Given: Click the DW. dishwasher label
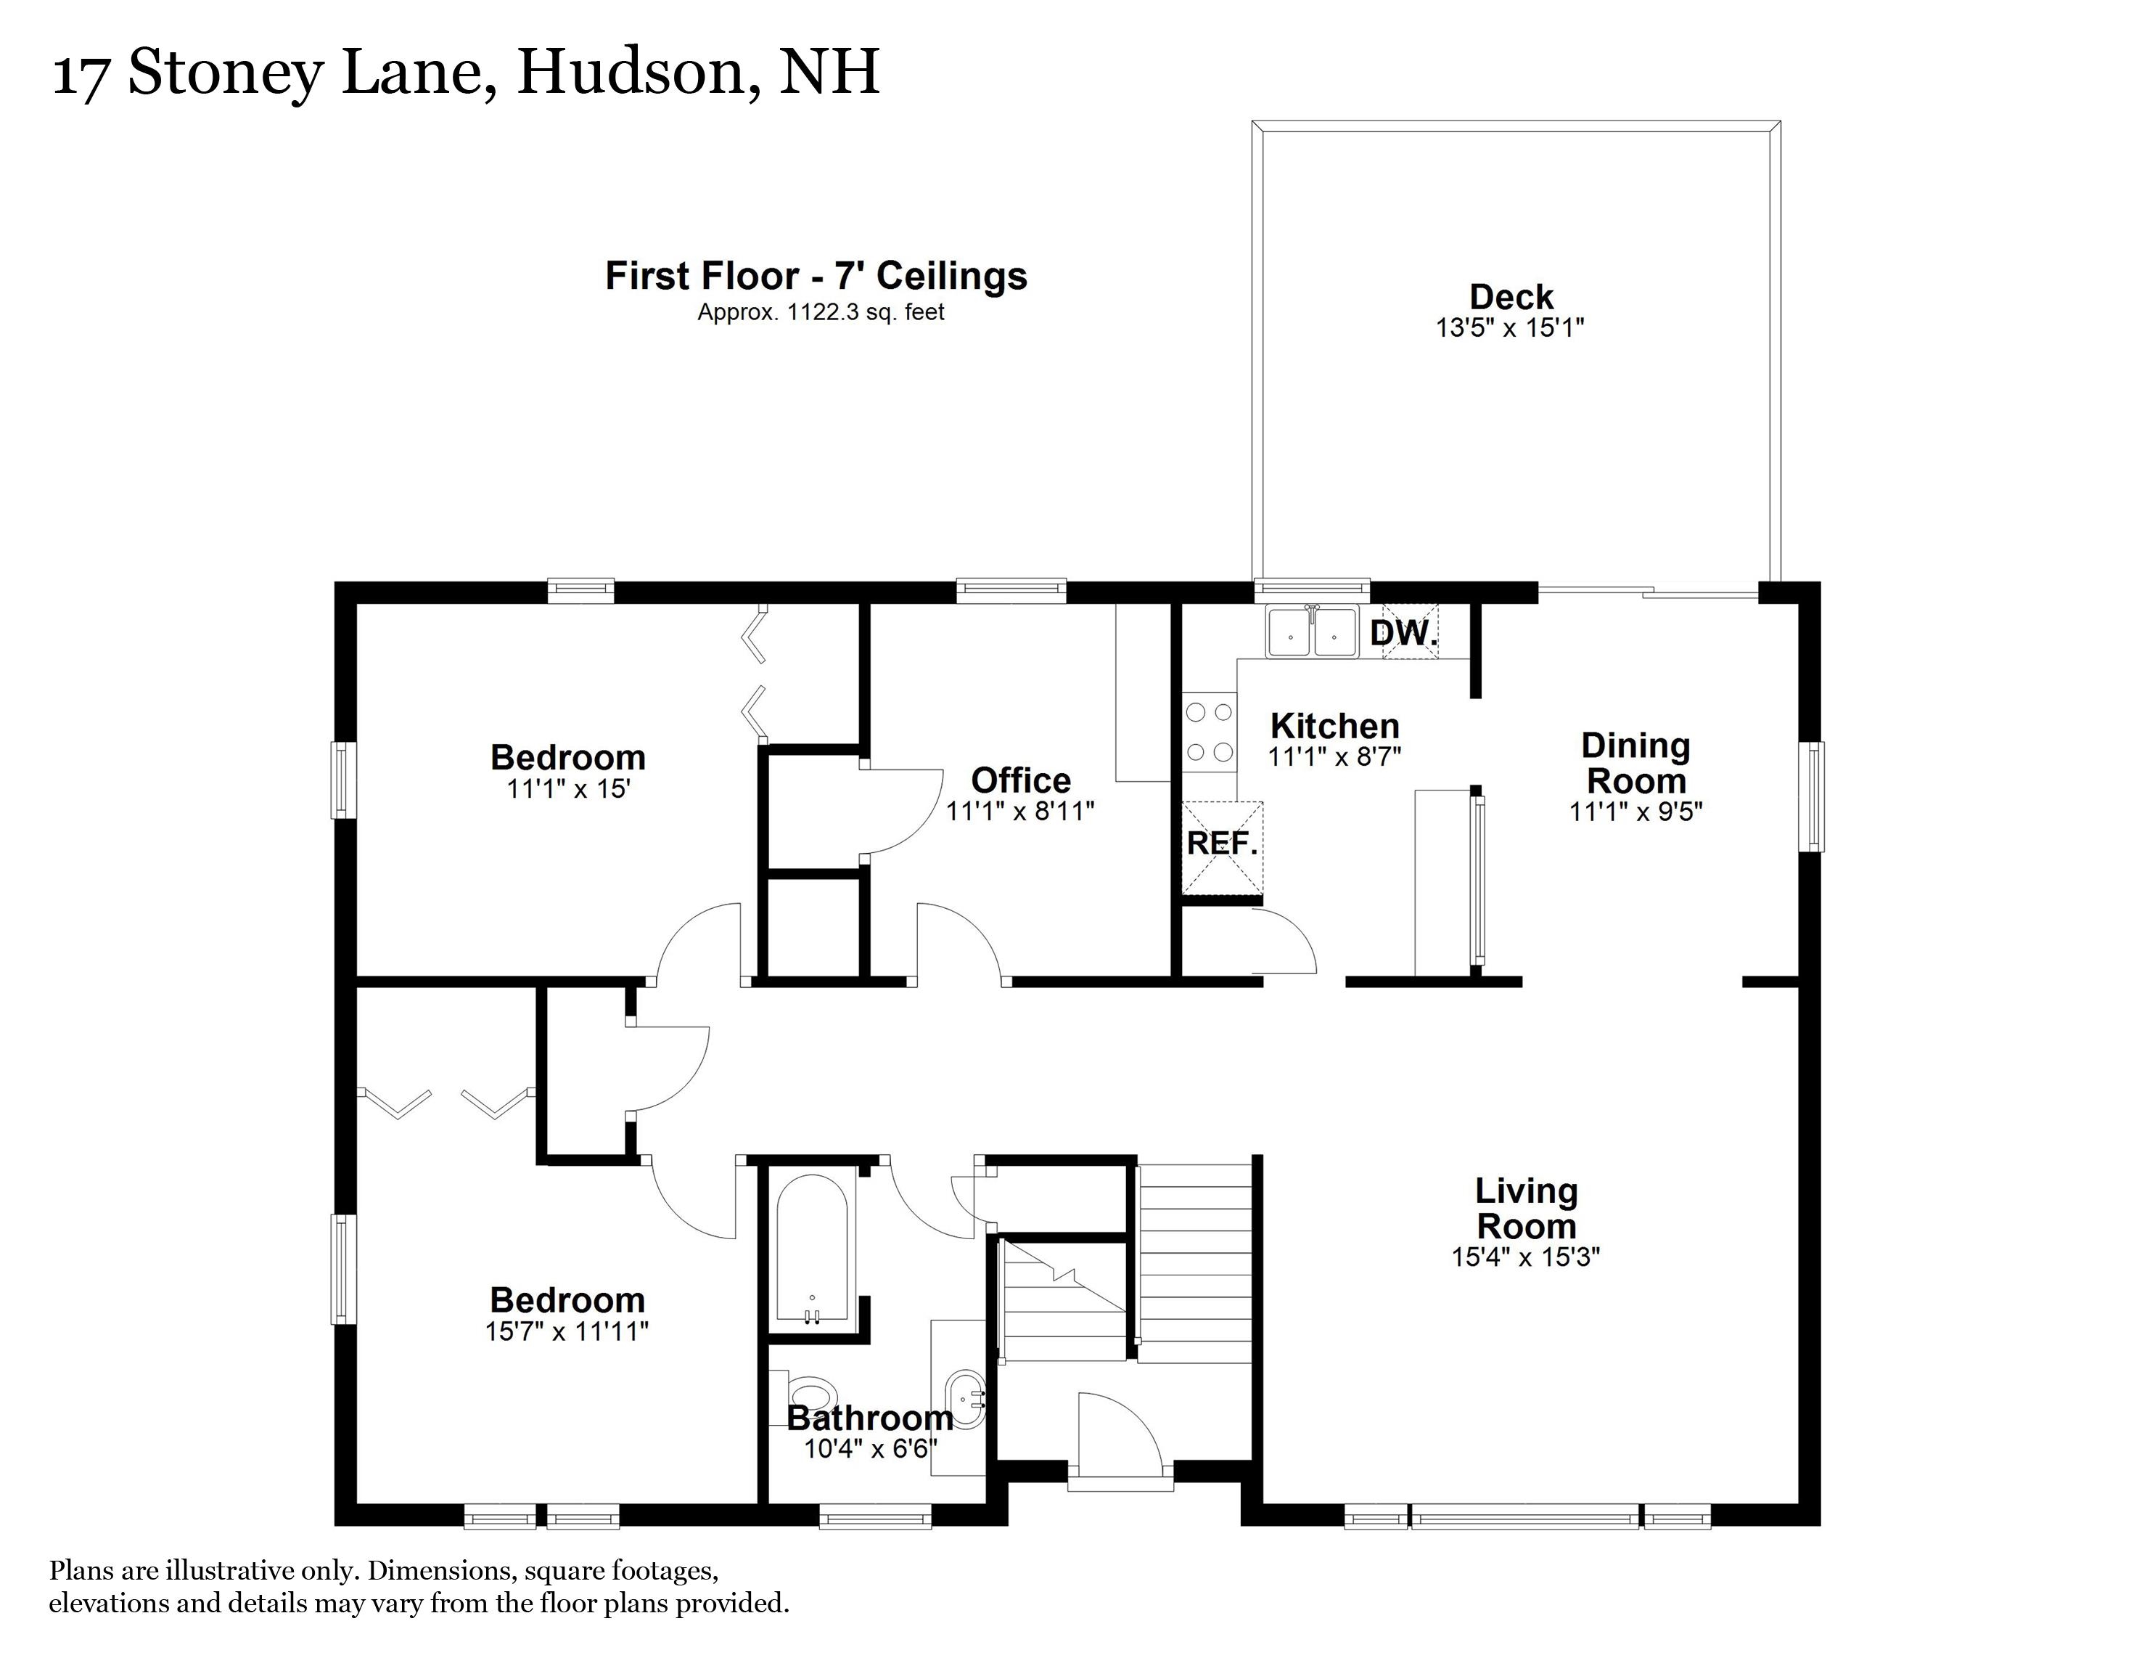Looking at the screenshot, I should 1403,633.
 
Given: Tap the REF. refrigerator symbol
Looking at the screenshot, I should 1222,845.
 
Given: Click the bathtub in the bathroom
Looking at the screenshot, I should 812,1248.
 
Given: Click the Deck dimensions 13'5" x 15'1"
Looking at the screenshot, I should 1510,327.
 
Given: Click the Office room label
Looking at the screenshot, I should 1020,780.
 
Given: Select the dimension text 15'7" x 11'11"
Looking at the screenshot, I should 567,1331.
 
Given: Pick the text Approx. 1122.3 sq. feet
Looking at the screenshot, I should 821,313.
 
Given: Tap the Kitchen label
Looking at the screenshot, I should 1334,727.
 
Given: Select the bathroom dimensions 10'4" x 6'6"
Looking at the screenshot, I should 870,1449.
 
